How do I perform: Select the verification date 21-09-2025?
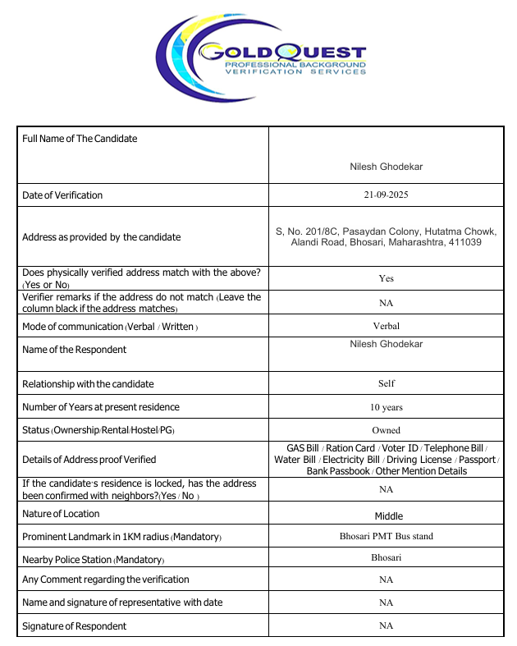tap(386, 195)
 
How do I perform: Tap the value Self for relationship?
tap(386, 383)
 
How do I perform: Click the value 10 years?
tap(386, 406)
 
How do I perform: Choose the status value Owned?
tap(386, 429)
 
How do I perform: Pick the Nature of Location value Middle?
tap(388, 516)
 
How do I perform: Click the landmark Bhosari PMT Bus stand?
tap(386, 536)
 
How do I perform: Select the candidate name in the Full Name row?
tap(386, 167)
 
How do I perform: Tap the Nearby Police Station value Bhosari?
tap(386, 557)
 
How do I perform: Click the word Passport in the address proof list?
tap(477, 460)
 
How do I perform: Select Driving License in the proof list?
tap(419, 460)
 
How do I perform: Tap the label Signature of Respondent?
tap(75, 626)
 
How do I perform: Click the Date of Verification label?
tap(62, 195)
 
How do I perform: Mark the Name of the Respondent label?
tap(75, 350)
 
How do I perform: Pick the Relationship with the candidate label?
tap(88, 384)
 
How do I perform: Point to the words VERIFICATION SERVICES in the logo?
tap(295, 72)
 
